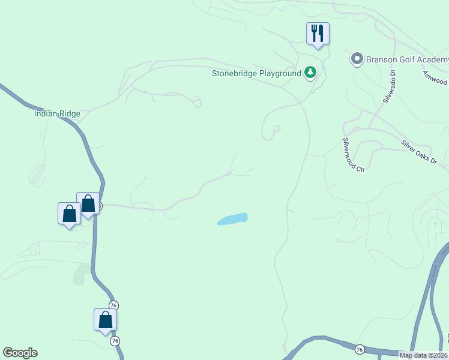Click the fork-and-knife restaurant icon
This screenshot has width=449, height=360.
click(318, 34)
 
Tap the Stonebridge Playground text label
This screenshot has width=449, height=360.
click(256, 74)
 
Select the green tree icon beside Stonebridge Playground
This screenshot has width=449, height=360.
click(310, 73)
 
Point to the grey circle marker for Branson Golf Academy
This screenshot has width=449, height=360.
click(357, 59)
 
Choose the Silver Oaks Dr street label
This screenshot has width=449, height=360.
click(419, 153)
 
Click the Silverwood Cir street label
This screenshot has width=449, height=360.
click(354, 155)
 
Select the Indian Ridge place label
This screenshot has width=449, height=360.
click(57, 113)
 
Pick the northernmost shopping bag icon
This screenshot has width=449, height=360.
click(88, 203)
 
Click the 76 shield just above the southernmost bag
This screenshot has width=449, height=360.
click(113, 305)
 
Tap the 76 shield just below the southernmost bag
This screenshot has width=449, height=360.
click(115, 340)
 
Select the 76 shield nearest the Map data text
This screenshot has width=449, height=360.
click(360, 349)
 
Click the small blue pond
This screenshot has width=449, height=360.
click(232, 219)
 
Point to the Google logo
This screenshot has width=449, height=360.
click(20, 353)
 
